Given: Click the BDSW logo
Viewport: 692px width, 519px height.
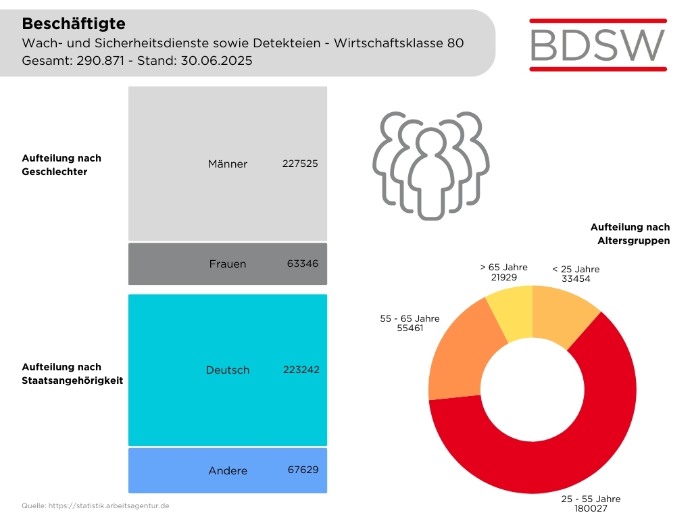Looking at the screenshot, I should [598, 45].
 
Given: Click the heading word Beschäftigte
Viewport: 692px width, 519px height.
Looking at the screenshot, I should [74, 24].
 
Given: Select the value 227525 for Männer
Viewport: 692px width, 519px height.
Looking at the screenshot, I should [300, 164].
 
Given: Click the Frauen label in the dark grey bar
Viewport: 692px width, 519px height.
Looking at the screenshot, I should [228, 264].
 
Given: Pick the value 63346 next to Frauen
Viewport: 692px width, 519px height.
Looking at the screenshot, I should [302, 264].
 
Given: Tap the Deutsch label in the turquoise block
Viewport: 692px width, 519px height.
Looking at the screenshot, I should [228, 370].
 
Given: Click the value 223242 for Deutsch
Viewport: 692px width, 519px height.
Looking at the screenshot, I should [301, 370].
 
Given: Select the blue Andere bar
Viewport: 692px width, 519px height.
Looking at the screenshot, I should [176, 470].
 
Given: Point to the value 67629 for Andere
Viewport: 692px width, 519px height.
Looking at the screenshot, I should [302, 470].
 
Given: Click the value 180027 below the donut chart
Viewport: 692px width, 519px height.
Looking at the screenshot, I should [591, 509].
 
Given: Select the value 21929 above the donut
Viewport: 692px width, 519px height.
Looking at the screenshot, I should [503, 276].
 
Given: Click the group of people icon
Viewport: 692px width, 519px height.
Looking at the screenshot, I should [431, 166].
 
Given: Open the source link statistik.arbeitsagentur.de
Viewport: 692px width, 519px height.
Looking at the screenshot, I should [111, 505].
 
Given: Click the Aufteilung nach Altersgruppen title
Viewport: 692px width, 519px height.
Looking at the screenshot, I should [630, 234].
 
